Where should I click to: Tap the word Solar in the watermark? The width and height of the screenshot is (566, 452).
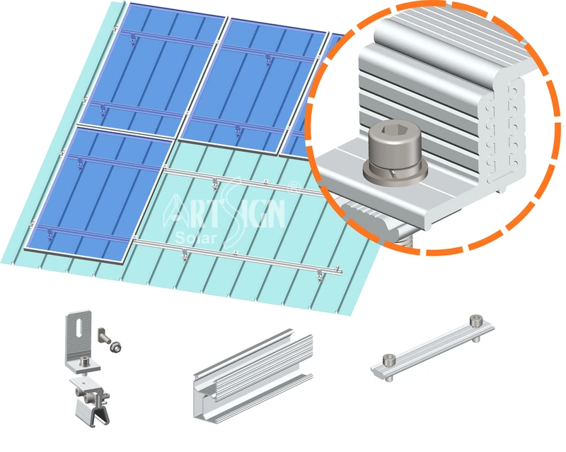(196, 238)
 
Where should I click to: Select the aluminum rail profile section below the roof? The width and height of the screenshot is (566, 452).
(253, 375)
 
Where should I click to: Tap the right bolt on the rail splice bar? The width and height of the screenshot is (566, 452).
(476, 327)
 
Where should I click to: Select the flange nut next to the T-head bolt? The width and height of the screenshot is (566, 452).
(116, 347)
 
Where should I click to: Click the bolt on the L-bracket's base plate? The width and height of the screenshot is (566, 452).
(84, 361)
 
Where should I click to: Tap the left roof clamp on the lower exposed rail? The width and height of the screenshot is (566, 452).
(185, 256)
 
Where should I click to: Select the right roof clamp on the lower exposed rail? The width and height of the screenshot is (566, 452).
(320, 275)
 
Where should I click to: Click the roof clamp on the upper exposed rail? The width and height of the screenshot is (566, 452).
(215, 184)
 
